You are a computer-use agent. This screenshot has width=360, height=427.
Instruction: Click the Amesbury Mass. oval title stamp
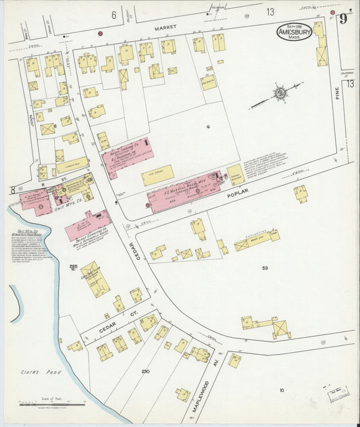tap(294, 32)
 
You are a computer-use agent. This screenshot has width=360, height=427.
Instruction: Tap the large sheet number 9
tap(344, 18)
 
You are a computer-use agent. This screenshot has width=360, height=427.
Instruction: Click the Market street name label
tap(164, 28)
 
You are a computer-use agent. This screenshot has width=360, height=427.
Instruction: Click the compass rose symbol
tap(279, 93)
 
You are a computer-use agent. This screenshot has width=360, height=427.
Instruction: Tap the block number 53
tap(265, 268)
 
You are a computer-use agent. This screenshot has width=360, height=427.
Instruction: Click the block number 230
tap(145, 372)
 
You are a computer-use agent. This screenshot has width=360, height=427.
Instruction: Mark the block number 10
tap(282, 389)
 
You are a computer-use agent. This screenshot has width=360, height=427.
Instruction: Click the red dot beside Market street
tap(100, 32)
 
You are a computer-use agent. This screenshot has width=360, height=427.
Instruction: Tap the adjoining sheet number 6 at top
tap(113, 14)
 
